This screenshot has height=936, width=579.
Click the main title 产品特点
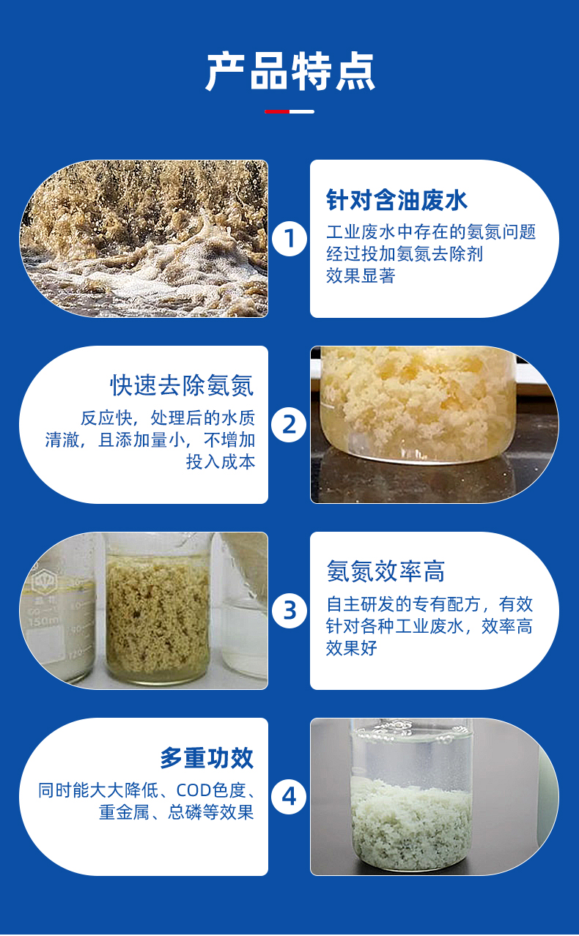pos(289,71)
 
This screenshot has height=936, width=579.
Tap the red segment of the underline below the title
pos(277,111)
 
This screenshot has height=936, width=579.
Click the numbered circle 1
pos(289,239)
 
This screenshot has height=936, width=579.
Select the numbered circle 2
pos(289,425)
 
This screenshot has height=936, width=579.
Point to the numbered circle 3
pos(289,611)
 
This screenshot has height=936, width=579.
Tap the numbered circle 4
pos(289,796)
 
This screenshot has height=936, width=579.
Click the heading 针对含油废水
pos(397,200)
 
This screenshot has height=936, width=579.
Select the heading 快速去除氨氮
pos(182,385)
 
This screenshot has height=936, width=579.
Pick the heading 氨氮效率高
pos(386,571)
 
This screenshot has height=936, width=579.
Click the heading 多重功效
pos(207,758)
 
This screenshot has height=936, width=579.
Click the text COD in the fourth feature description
pos(193,790)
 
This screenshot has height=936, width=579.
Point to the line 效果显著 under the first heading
pos(361,276)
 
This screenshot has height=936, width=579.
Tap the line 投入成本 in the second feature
pos(221,461)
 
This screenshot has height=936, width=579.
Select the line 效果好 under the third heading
pos(352,648)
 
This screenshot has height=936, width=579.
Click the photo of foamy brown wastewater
pos(144,239)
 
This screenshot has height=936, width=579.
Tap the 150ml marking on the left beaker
pos(44,622)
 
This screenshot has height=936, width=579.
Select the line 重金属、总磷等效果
pos(176,812)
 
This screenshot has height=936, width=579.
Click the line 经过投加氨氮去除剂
pos(405,253)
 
